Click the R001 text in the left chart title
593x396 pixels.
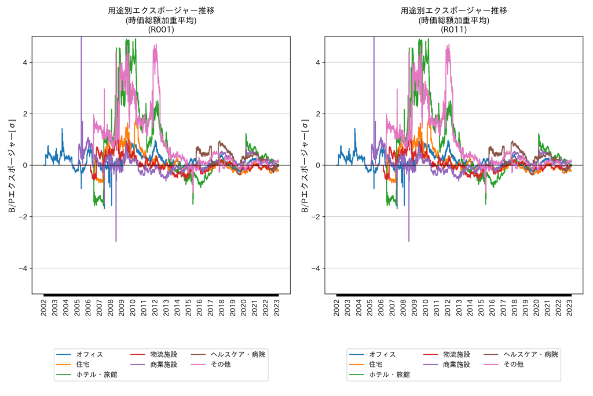click(161, 30)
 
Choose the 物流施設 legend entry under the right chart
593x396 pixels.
click(456, 354)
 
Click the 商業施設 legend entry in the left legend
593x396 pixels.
click(164, 365)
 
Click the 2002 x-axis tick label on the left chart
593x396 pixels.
click(44, 307)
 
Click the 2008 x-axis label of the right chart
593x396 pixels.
click(403, 307)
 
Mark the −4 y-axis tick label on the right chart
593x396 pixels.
click(316, 268)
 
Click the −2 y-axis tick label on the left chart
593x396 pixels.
click(24, 217)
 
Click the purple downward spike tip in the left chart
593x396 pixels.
click(116, 241)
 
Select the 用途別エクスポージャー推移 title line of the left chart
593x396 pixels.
click(161, 10)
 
